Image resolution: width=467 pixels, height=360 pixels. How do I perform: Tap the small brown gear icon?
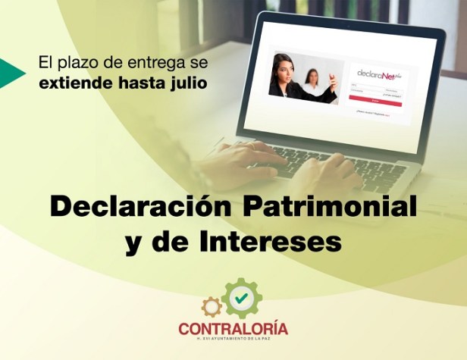212,306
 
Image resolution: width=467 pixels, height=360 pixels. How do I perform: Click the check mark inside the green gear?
241,299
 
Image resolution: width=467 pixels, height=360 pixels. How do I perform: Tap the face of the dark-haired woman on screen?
285,66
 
